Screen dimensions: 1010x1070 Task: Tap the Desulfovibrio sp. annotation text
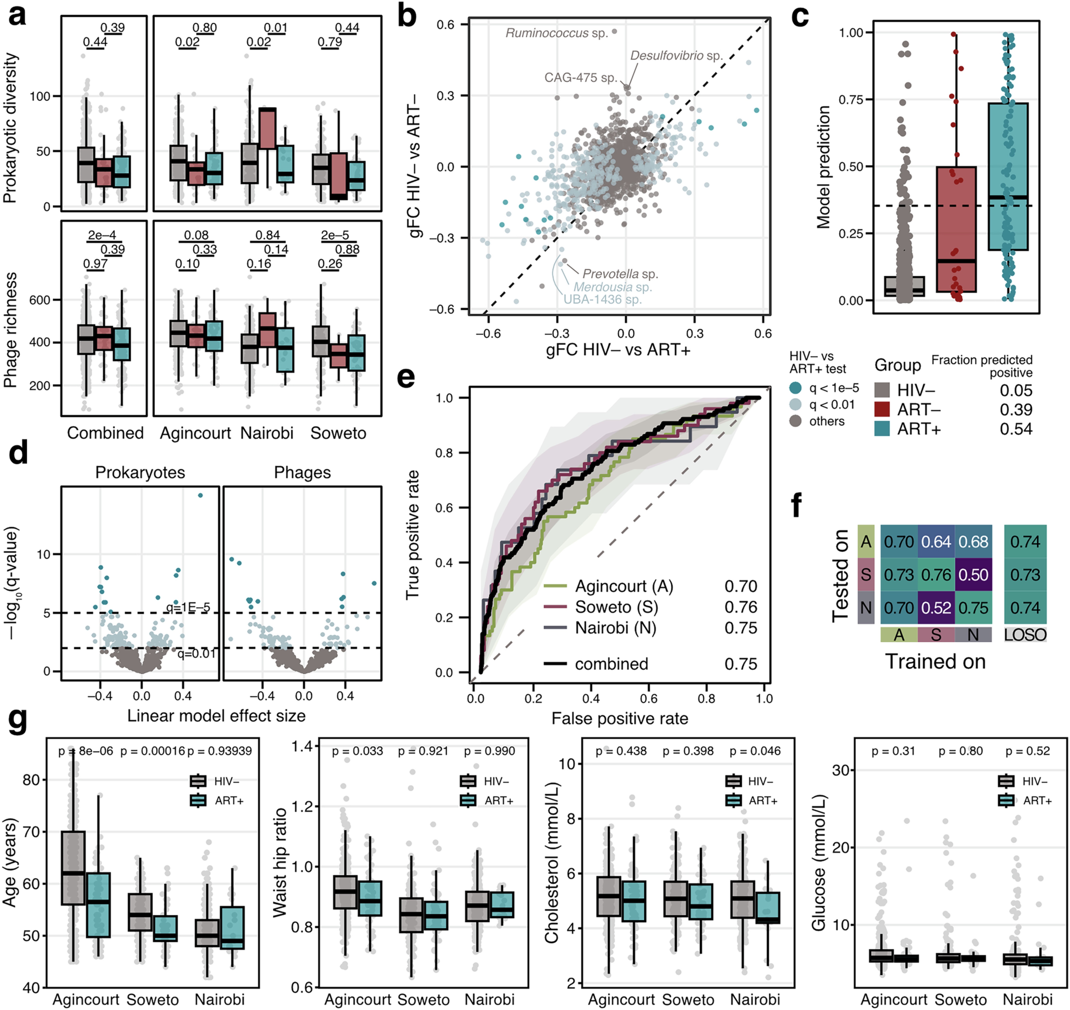(x=676, y=56)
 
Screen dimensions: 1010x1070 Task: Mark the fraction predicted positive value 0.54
(x=1016, y=429)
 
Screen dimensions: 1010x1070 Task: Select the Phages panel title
(x=302, y=473)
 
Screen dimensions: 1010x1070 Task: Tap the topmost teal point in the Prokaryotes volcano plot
(x=201, y=495)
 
